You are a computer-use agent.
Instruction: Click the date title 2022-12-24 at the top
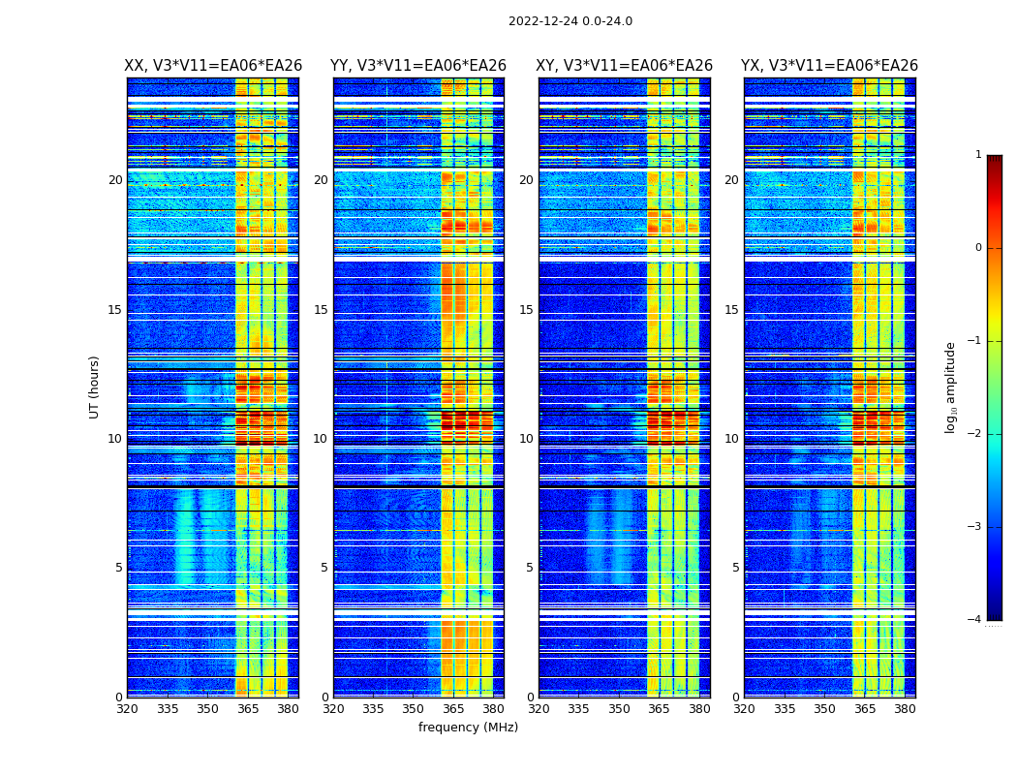[x=570, y=21]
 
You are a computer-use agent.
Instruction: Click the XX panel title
[x=213, y=66]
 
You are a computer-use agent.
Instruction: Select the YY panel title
[x=418, y=66]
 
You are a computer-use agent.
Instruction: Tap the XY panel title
[x=624, y=66]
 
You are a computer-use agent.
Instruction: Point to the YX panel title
[x=829, y=66]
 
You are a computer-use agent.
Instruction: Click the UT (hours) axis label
[x=95, y=387]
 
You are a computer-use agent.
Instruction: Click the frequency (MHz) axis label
[x=468, y=728]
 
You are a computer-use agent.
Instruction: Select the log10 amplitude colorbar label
[x=951, y=387]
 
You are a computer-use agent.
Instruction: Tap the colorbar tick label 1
[x=977, y=155]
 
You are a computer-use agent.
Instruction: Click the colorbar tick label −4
[x=975, y=620]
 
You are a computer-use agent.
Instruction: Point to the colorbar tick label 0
[x=977, y=248]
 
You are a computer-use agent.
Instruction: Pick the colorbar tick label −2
[x=975, y=434]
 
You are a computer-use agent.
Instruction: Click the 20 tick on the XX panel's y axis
[x=115, y=180]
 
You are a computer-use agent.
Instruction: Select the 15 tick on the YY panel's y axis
[x=321, y=310]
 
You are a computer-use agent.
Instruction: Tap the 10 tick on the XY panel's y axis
[x=526, y=439]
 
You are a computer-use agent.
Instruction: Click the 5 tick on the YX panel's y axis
[x=735, y=568]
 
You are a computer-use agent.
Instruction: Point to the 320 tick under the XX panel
[x=127, y=709]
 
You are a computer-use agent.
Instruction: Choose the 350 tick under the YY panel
[x=414, y=709]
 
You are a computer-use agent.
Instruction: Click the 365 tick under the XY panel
[x=660, y=709]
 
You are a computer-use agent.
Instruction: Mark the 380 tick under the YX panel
[x=905, y=709]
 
